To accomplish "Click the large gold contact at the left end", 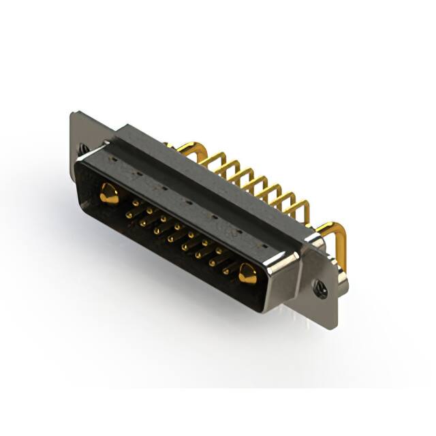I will coord(108,193).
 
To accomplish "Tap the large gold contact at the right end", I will coord(247,275).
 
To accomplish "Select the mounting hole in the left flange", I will coord(83,148).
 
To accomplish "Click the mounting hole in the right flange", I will coord(320,289).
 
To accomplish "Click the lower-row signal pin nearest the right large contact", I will coord(225,270).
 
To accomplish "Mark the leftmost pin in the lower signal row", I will coord(129,215).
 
